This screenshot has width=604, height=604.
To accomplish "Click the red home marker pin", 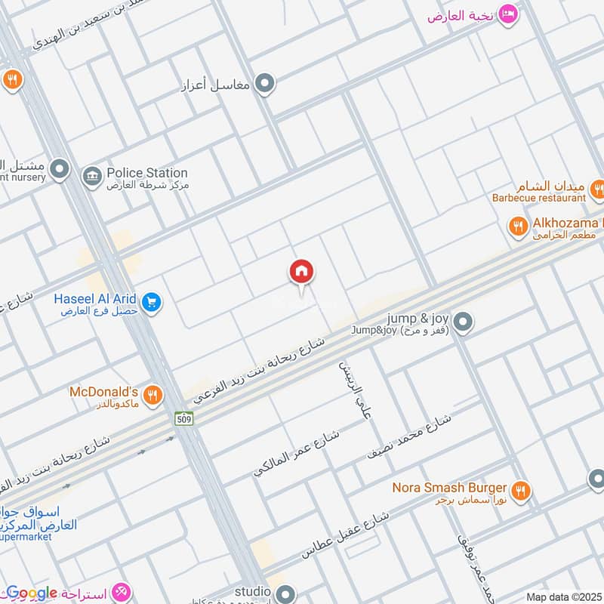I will [x=302, y=273].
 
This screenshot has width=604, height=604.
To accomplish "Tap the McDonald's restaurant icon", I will [x=153, y=394].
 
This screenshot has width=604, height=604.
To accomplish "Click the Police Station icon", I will [x=92, y=175].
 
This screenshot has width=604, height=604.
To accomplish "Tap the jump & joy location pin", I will [x=466, y=322].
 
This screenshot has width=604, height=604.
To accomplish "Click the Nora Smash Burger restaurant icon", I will [x=519, y=492].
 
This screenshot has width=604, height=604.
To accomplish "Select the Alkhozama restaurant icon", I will [x=517, y=226].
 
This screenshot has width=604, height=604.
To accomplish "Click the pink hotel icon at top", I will [x=510, y=14].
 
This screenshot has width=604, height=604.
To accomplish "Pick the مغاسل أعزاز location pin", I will [x=264, y=83].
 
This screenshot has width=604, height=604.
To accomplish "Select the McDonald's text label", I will [x=103, y=392].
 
